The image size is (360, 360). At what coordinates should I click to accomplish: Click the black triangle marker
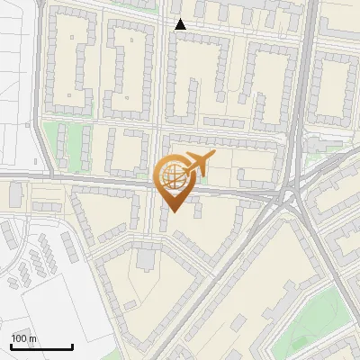pyautogui.click(x=181, y=24)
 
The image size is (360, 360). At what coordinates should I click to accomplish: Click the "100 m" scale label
pyautogui.click(x=23, y=337)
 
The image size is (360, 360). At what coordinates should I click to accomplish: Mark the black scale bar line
pyautogui.click(x=41, y=346)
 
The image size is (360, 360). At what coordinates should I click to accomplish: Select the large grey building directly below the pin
pyautogui.click(x=146, y=260)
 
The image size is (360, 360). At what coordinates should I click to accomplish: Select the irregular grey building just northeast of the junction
pyautogui.click(x=319, y=144)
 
